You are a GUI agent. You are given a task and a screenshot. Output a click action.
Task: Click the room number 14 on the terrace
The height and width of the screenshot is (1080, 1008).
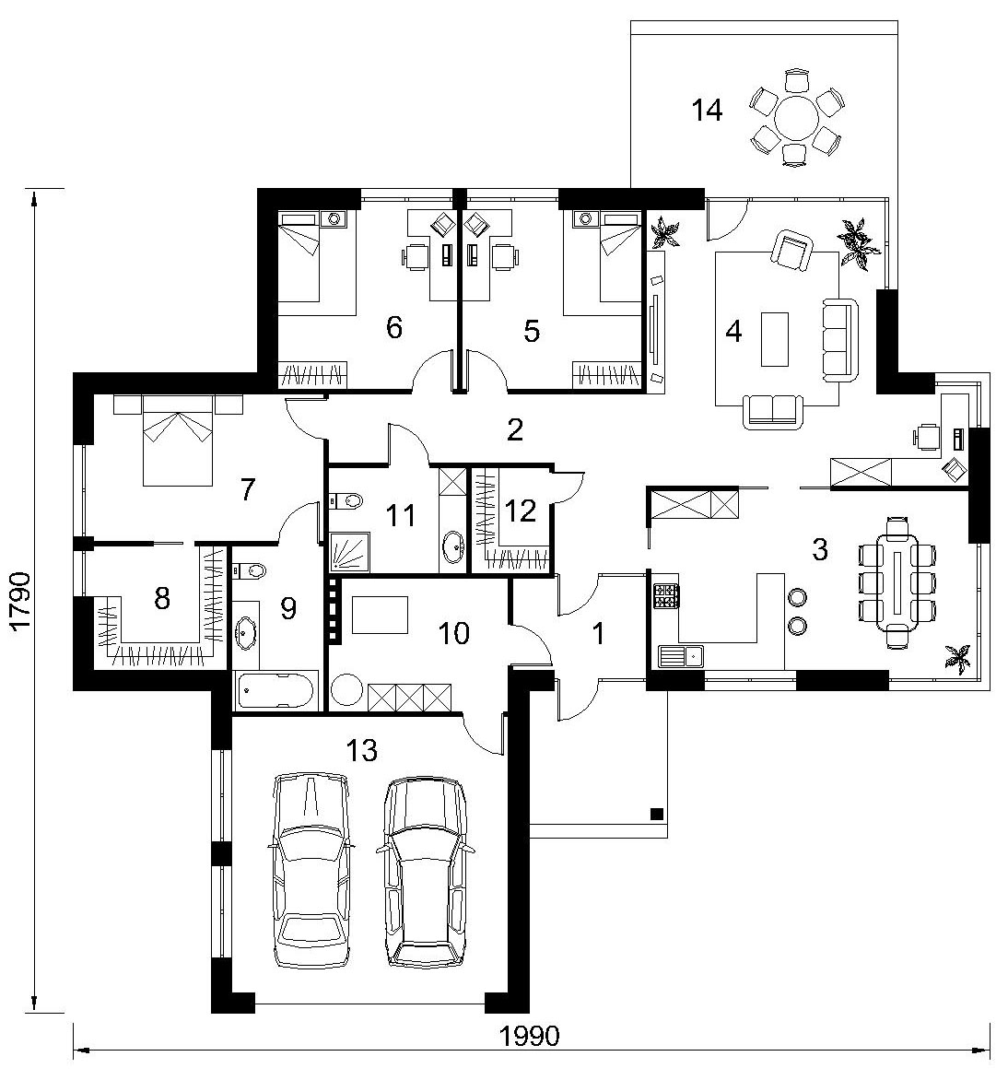tap(707, 110)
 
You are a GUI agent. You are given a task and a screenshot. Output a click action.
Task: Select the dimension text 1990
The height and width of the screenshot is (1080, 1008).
tap(529, 1035)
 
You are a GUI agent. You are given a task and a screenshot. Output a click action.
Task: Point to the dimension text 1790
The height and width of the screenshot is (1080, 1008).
tap(20, 599)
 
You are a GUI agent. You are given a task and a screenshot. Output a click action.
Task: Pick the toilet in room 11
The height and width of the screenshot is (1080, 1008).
tap(346, 500)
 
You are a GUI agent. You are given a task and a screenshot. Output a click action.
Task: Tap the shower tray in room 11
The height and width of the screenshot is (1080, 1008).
tap(349, 552)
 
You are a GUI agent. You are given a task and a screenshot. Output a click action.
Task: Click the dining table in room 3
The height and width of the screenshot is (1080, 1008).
tap(897, 582)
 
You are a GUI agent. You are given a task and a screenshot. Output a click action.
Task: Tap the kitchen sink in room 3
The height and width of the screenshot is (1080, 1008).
tap(680, 656)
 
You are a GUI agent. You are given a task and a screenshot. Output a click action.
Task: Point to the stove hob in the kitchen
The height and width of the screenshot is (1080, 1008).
tap(666, 596)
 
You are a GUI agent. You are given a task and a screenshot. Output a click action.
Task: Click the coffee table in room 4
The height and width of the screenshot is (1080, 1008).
tap(775, 339)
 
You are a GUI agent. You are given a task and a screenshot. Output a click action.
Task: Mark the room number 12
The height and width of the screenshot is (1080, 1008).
tap(520, 511)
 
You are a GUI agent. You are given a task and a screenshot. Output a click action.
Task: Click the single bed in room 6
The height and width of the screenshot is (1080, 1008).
tap(299, 258)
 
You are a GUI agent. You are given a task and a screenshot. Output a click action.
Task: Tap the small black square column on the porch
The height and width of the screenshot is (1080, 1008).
tap(656, 814)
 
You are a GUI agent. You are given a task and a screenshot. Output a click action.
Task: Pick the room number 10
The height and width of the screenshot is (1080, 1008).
tap(453, 633)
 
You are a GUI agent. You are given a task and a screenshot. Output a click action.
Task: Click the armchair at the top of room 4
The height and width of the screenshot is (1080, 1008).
tap(792, 249)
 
